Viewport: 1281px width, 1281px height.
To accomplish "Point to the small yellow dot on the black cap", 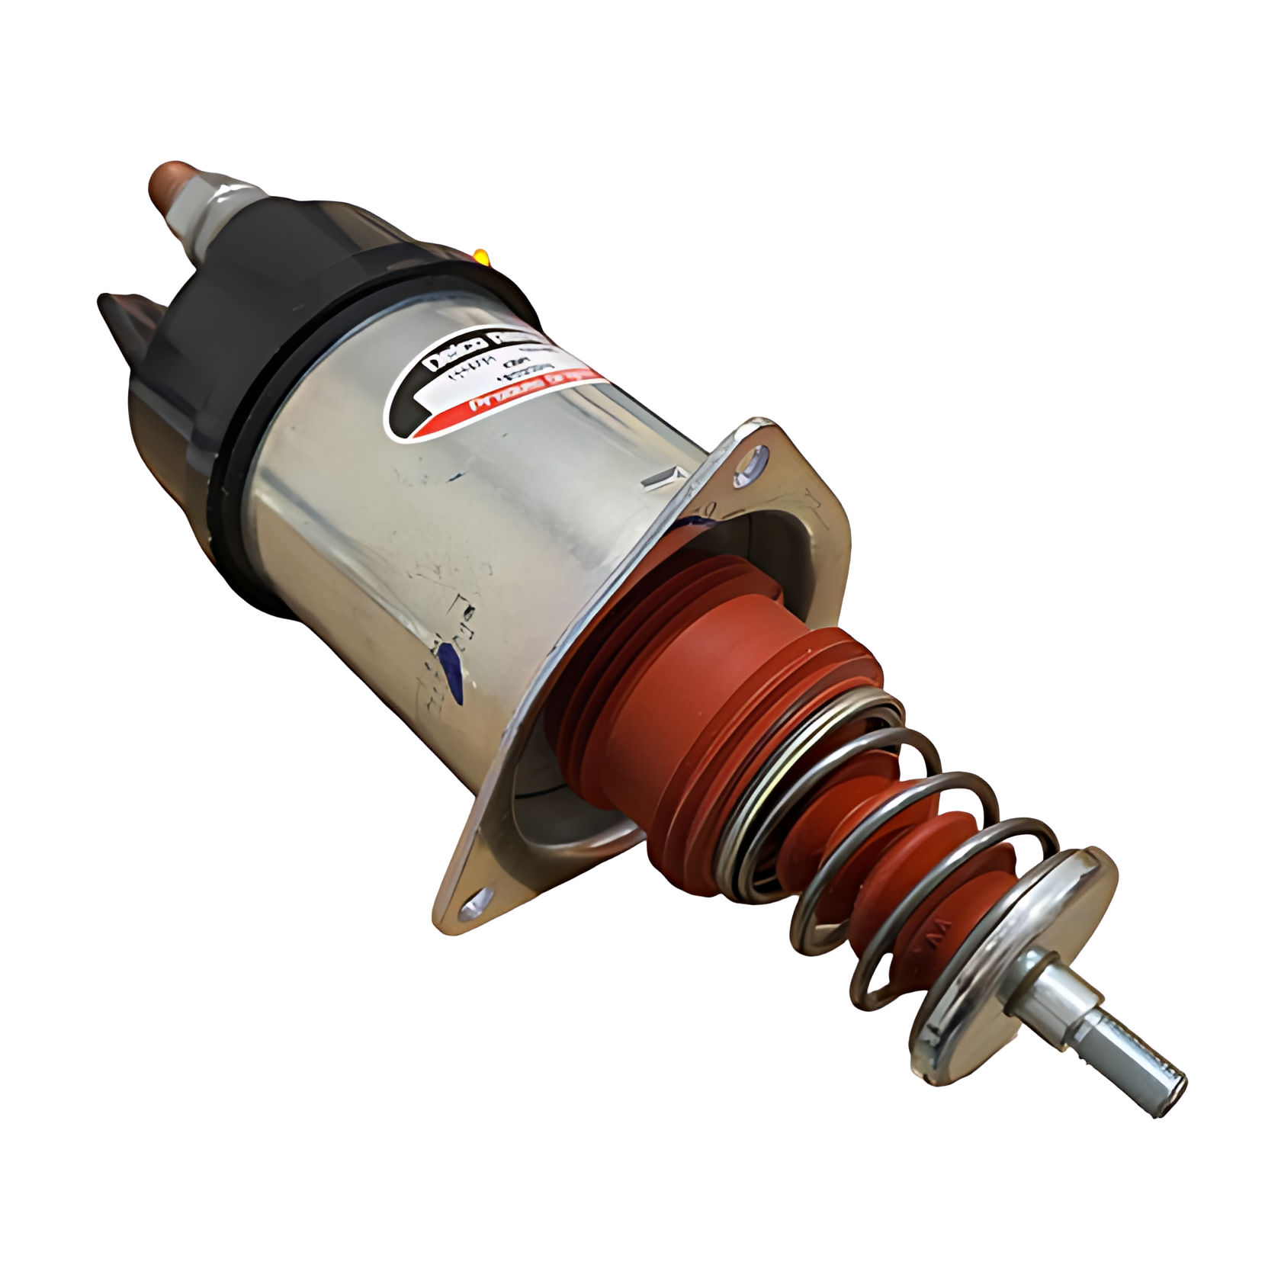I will pyautogui.click(x=482, y=256).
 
